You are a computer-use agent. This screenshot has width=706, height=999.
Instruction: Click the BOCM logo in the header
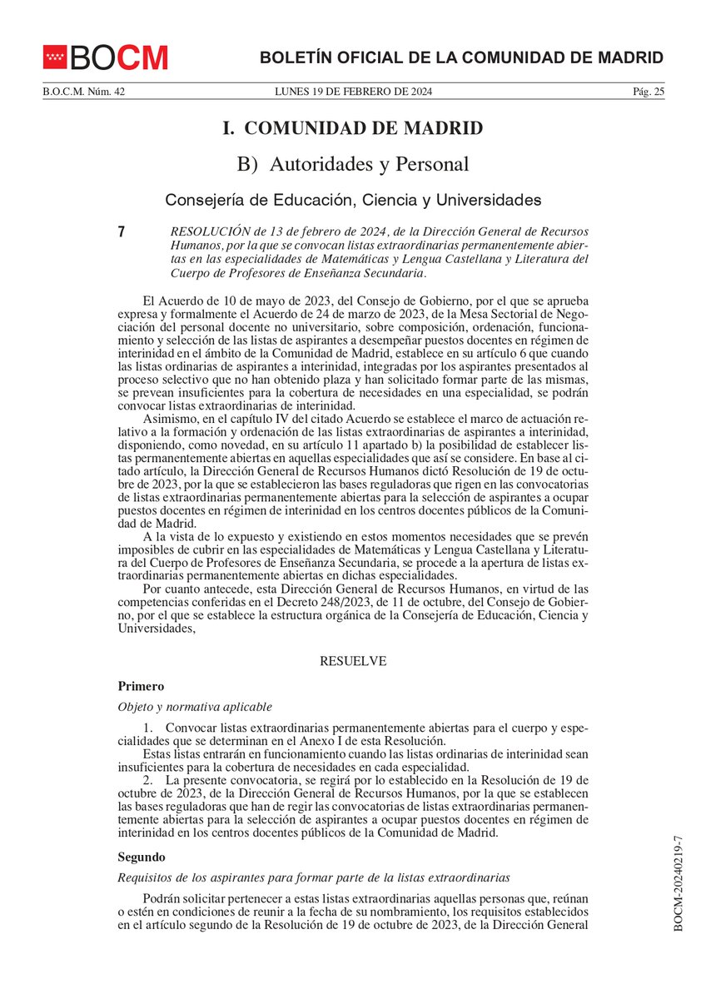(106, 57)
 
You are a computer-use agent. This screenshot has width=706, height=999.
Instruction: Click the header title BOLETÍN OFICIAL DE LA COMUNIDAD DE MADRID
(461, 57)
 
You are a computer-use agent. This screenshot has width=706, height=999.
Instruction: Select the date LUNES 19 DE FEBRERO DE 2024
(353, 92)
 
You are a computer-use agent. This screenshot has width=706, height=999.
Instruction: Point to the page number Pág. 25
(648, 92)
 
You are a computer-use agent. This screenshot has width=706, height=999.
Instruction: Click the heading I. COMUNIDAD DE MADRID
(353, 128)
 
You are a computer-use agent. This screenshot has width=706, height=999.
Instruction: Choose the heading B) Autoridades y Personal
(353, 164)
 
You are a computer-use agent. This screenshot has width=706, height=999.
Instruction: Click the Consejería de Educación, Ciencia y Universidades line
(353, 200)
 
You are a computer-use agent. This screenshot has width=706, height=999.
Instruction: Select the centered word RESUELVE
(353, 661)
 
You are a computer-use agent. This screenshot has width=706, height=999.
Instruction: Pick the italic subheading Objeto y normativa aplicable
(195, 707)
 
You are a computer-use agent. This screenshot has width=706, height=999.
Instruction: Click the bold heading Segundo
(142, 857)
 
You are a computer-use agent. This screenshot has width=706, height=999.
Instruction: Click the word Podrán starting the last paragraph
(162, 899)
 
